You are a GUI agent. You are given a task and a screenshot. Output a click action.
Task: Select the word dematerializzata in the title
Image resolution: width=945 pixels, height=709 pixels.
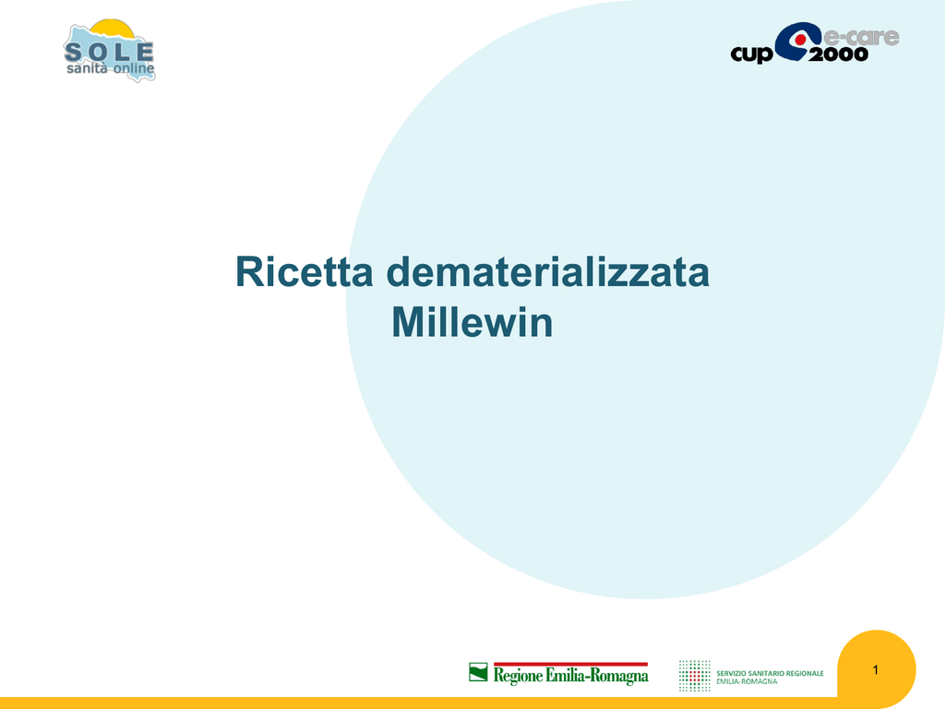click(548, 272)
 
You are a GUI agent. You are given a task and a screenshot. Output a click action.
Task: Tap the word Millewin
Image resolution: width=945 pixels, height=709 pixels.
click(472, 322)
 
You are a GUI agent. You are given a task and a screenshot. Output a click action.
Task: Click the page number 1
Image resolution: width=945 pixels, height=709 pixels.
click(876, 670)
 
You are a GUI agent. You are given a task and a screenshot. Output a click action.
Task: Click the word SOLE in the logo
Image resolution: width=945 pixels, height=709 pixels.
click(109, 52)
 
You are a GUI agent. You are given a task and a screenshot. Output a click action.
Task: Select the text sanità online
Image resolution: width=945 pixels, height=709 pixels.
click(111, 68)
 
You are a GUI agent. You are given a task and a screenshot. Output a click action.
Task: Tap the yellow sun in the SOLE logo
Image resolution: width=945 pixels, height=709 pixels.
click(112, 28)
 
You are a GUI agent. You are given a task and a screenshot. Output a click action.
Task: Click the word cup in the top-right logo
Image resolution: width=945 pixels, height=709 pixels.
click(751, 54)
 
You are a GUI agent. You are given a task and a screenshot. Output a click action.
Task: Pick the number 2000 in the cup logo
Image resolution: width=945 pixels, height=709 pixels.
click(838, 54)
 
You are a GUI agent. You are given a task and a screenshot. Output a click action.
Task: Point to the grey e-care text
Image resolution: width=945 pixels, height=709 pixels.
click(861, 36)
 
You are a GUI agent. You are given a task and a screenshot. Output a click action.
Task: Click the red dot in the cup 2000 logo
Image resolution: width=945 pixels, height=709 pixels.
click(800, 40)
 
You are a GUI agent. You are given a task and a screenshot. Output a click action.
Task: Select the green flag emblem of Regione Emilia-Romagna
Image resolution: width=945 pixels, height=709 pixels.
click(478, 672)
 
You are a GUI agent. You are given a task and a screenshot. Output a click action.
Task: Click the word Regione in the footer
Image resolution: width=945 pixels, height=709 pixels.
click(518, 675)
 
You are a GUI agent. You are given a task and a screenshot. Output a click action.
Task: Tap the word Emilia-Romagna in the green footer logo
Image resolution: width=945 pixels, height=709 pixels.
click(597, 675)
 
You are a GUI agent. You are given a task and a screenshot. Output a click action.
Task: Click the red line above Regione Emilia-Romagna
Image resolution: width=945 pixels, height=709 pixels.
click(570, 664)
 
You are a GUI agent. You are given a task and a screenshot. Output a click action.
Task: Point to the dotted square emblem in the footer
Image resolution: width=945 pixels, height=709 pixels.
click(694, 675)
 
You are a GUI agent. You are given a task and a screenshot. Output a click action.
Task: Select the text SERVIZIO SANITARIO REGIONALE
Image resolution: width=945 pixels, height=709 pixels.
click(770, 673)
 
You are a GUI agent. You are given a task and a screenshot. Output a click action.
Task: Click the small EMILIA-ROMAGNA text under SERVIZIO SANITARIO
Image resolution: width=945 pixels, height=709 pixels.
click(747, 681)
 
